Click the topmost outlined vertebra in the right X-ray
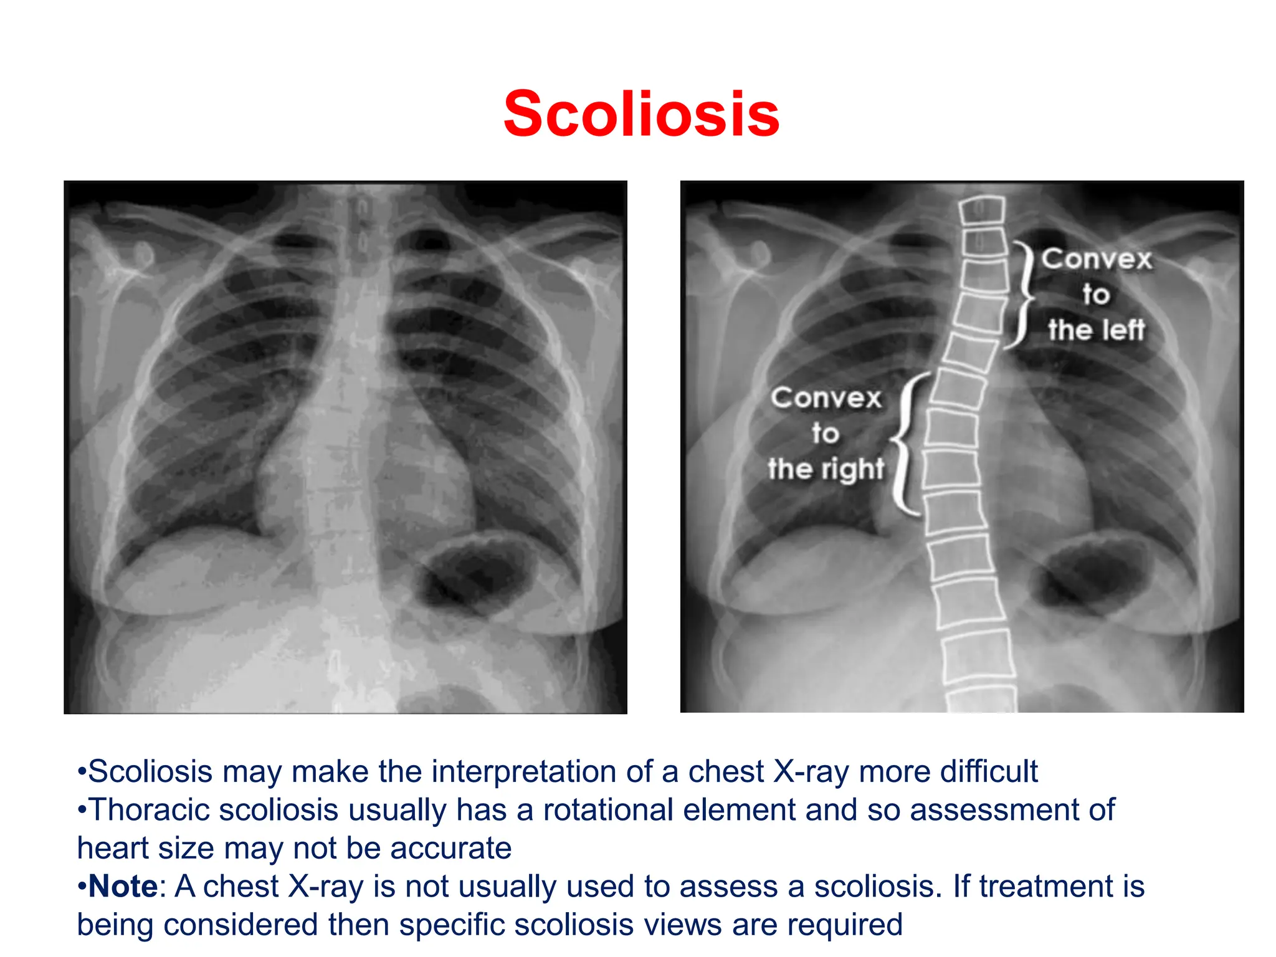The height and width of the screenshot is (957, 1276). [x=982, y=210]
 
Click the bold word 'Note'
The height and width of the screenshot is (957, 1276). [x=123, y=886]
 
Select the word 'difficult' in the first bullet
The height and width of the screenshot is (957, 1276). [x=989, y=771]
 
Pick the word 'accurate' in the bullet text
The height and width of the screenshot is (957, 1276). [x=450, y=848]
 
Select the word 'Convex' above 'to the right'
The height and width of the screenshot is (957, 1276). [x=826, y=398]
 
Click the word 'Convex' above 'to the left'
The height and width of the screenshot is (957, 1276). [x=1097, y=259]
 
